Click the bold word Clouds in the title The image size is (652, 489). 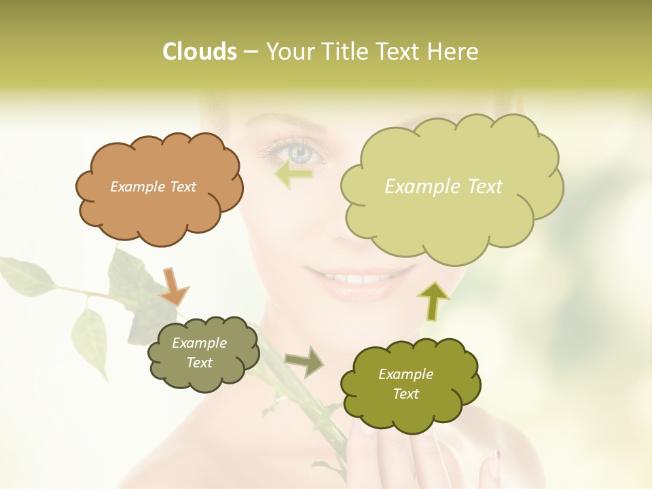click(x=200, y=52)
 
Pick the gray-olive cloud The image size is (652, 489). click(x=204, y=377)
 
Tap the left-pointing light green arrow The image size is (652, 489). click(x=293, y=174)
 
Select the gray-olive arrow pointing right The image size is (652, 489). click(x=304, y=361)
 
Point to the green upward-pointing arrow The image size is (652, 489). click(x=433, y=300)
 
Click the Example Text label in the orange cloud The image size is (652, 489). click(x=153, y=187)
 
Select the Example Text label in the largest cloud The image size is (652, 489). click(x=443, y=187)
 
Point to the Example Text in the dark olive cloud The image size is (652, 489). click(x=405, y=384)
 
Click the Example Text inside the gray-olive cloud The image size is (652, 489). click(x=199, y=353)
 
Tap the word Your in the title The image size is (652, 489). click(x=289, y=52)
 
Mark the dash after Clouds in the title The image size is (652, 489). click(x=250, y=52)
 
